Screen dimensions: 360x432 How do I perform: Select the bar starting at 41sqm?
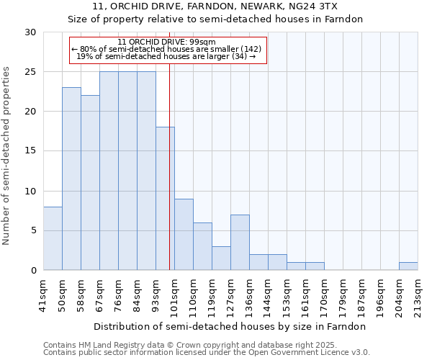tap(53, 238)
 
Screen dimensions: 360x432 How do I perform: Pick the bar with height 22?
tap(90, 183)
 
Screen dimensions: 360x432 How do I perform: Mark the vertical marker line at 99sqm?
tap(169, 144)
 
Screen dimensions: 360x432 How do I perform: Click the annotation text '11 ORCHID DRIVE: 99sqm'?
tap(166, 42)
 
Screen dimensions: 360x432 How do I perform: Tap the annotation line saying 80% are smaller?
tap(166, 49)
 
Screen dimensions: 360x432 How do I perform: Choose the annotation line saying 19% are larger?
tap(166, 56)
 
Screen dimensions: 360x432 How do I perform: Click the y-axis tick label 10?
tap(30, 191)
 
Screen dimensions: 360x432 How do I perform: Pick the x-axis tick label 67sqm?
tap(100, 294)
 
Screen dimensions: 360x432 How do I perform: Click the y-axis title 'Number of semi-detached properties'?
tap(7, 156)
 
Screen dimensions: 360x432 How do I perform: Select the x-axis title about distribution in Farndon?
tap(230, 326)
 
